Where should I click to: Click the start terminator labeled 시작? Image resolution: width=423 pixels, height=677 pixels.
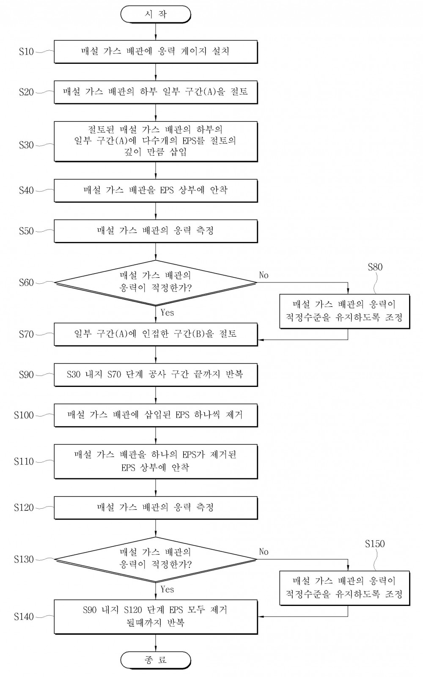pos(156,14)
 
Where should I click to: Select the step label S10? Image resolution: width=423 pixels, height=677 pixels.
pos(26,52)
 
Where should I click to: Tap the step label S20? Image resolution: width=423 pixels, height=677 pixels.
pos(26,92)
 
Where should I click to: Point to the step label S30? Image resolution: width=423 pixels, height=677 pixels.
pos(26,145)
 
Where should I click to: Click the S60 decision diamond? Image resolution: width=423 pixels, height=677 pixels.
pos(155,283)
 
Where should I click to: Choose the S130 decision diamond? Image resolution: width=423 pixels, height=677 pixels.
pos(155,559)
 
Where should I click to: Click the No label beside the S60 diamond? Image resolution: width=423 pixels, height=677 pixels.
pos(264,275)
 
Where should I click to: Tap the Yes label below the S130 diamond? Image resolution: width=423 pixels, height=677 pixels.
pos(167,589)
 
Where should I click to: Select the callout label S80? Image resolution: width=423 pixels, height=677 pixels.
pos(375,267)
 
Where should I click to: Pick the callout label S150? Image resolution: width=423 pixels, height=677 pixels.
pos(375,544)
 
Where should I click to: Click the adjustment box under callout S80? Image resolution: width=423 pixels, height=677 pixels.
pos(345,311)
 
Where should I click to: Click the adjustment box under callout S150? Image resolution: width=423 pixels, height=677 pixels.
pos(345,588)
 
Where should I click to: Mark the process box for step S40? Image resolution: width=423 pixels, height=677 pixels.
pos(156,191)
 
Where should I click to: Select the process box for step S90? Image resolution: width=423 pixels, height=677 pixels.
pos(156,375)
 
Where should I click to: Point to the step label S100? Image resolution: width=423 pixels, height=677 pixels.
pos(24,415)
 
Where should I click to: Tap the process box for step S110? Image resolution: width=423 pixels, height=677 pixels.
pos(156,461)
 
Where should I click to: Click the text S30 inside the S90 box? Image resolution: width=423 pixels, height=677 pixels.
pos(74,375)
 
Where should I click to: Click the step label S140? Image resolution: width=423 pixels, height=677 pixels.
pos(24,617)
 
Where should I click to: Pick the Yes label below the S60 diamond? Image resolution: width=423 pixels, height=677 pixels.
pos(167,312)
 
